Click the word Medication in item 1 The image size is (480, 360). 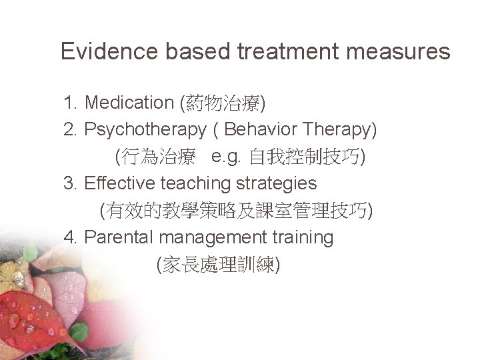129,103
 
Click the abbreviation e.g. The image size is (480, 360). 227,157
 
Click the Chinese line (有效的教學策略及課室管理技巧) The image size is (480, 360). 235,211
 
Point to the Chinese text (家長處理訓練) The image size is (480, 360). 217,264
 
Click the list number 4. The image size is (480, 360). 69,236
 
